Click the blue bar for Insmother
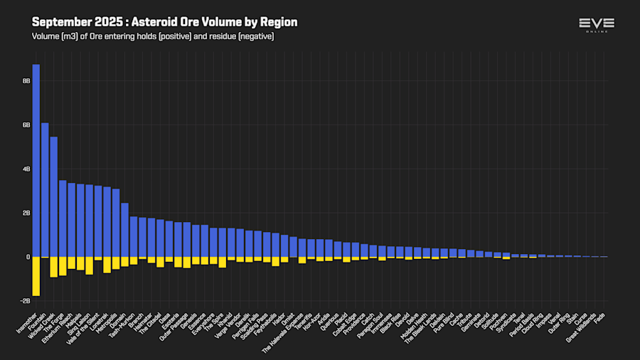tap(36, 160)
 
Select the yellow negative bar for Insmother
tap(36, 276)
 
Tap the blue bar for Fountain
tap(45, 189)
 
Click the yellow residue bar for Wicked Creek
tap(53, 267)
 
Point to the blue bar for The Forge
tap(63, 218)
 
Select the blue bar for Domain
tap(124, 230)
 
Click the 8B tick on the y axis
tap(26, 81)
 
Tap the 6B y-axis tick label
tap(26, 125)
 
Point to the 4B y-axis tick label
tap(26, 169)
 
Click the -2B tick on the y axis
tap(25, 301)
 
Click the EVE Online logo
tap(597, 26)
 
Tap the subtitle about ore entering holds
tap(153, 36)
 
